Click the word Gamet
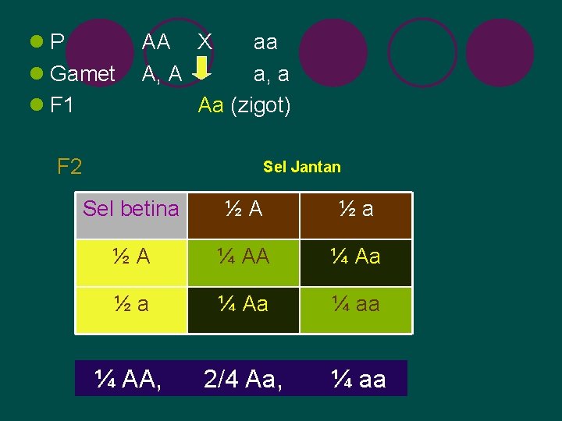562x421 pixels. pos(82,74)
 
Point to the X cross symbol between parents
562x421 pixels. pos(205,41)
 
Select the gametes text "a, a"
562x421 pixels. pos(271,74)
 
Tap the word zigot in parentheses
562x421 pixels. pos(261,105)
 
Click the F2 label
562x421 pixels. pos(69,166)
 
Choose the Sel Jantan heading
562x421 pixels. pos(302,166)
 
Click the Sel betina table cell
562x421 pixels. pos(131,209)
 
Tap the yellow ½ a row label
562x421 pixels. pos(131,303)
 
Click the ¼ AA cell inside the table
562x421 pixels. pos(244,256)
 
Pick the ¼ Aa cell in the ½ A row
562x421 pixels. pos(356,256)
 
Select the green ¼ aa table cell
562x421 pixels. pos(356,303)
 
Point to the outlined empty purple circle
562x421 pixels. pos(422,52)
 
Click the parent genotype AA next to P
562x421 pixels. pos(156,42)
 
